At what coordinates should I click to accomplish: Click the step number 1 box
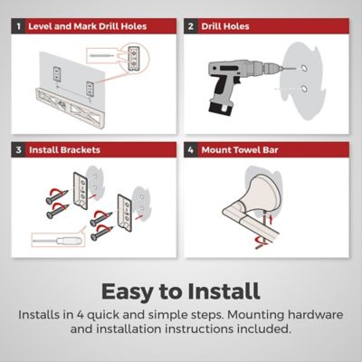point(18,26)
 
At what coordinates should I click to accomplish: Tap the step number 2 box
point(191,26)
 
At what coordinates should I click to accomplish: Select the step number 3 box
point(18,150)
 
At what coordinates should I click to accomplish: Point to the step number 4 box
point(191,150)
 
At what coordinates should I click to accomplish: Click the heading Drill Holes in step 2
point(225,26)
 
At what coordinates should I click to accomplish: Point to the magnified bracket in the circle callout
point(134,58)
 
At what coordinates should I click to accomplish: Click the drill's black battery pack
point(221,109)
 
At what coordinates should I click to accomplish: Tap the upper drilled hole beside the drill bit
point(304,68)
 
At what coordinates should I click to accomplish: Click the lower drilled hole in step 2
point(304,90)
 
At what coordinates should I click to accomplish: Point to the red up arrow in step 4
point(271,219)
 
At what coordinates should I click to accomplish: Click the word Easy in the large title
point(128,291)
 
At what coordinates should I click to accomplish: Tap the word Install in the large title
point(224,291)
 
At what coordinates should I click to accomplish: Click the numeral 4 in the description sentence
point(80,315)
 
